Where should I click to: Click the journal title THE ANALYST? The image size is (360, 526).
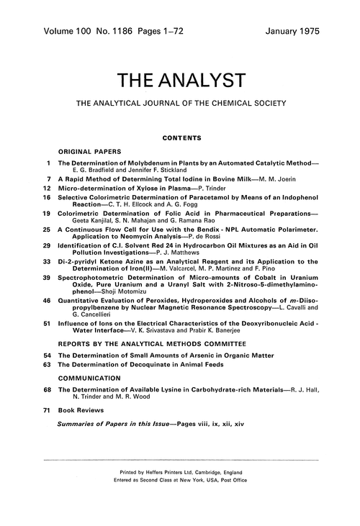click(x=180, y=78)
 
